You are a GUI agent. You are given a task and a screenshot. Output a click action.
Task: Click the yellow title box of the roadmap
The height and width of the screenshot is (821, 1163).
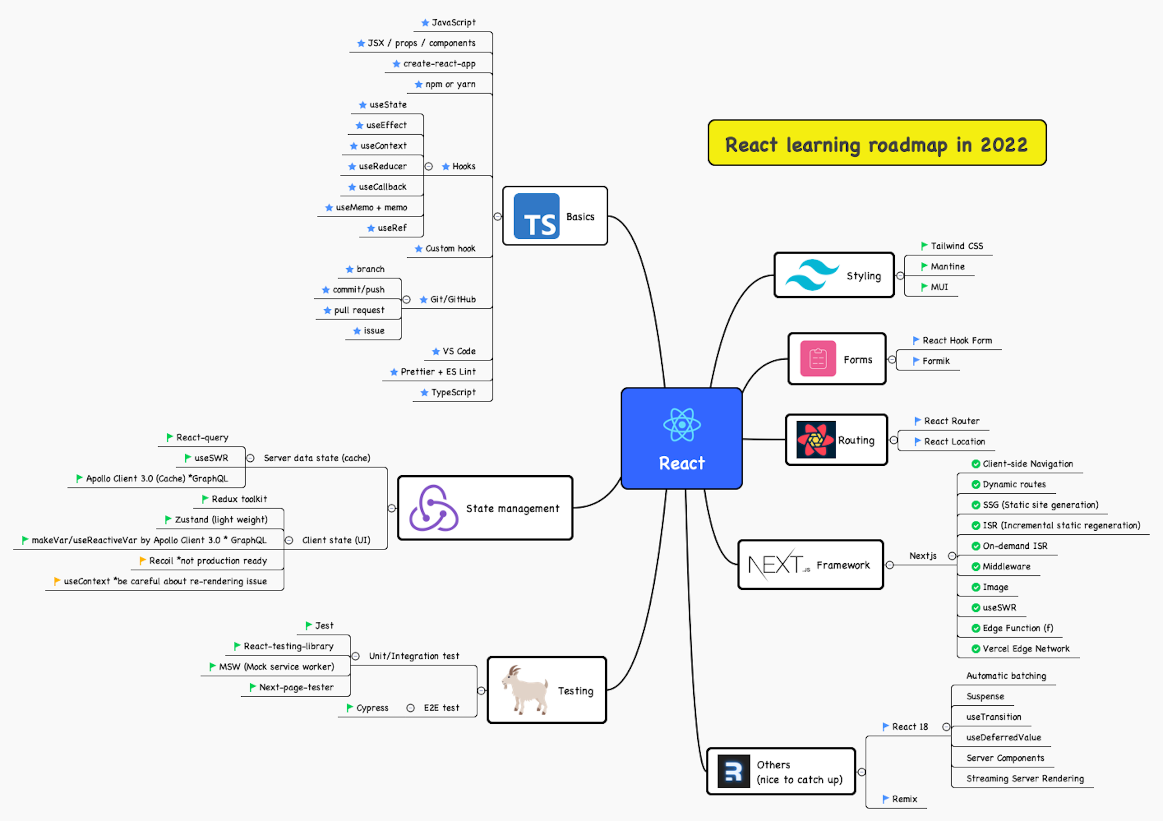point(877,144)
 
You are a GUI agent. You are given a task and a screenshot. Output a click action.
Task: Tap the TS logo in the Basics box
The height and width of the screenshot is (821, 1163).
point(537,216)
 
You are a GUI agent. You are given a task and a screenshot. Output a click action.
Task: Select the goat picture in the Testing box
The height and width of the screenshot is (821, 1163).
point(525,690)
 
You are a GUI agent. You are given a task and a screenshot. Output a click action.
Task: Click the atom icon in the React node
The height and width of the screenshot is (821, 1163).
point(682,425)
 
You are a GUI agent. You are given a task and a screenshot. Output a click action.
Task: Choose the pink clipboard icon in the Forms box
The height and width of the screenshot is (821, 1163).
point(818,359)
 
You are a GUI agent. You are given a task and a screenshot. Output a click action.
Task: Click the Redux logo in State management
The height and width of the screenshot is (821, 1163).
point(433,508)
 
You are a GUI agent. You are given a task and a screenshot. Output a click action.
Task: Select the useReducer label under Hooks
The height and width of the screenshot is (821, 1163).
point(382,166)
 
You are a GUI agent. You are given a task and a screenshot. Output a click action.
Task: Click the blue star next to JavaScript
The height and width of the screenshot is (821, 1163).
point(425,23)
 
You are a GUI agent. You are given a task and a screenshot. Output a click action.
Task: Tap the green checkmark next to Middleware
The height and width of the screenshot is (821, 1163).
point(975,566)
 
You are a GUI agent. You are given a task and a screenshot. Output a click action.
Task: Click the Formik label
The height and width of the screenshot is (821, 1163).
point(935,361)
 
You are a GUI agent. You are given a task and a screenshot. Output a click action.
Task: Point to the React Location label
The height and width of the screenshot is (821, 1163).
point(954,442)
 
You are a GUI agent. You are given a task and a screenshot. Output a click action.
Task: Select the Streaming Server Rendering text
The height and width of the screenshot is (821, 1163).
point(1025,778)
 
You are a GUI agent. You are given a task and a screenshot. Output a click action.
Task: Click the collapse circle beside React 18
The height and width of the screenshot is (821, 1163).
point(946,727)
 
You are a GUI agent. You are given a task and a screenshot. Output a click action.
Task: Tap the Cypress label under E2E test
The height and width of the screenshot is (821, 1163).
point(372,708)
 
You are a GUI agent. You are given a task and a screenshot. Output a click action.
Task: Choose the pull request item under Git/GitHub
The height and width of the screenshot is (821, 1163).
point(359,310)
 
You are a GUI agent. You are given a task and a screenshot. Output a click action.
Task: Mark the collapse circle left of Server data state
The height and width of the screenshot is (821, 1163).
point(250,458)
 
